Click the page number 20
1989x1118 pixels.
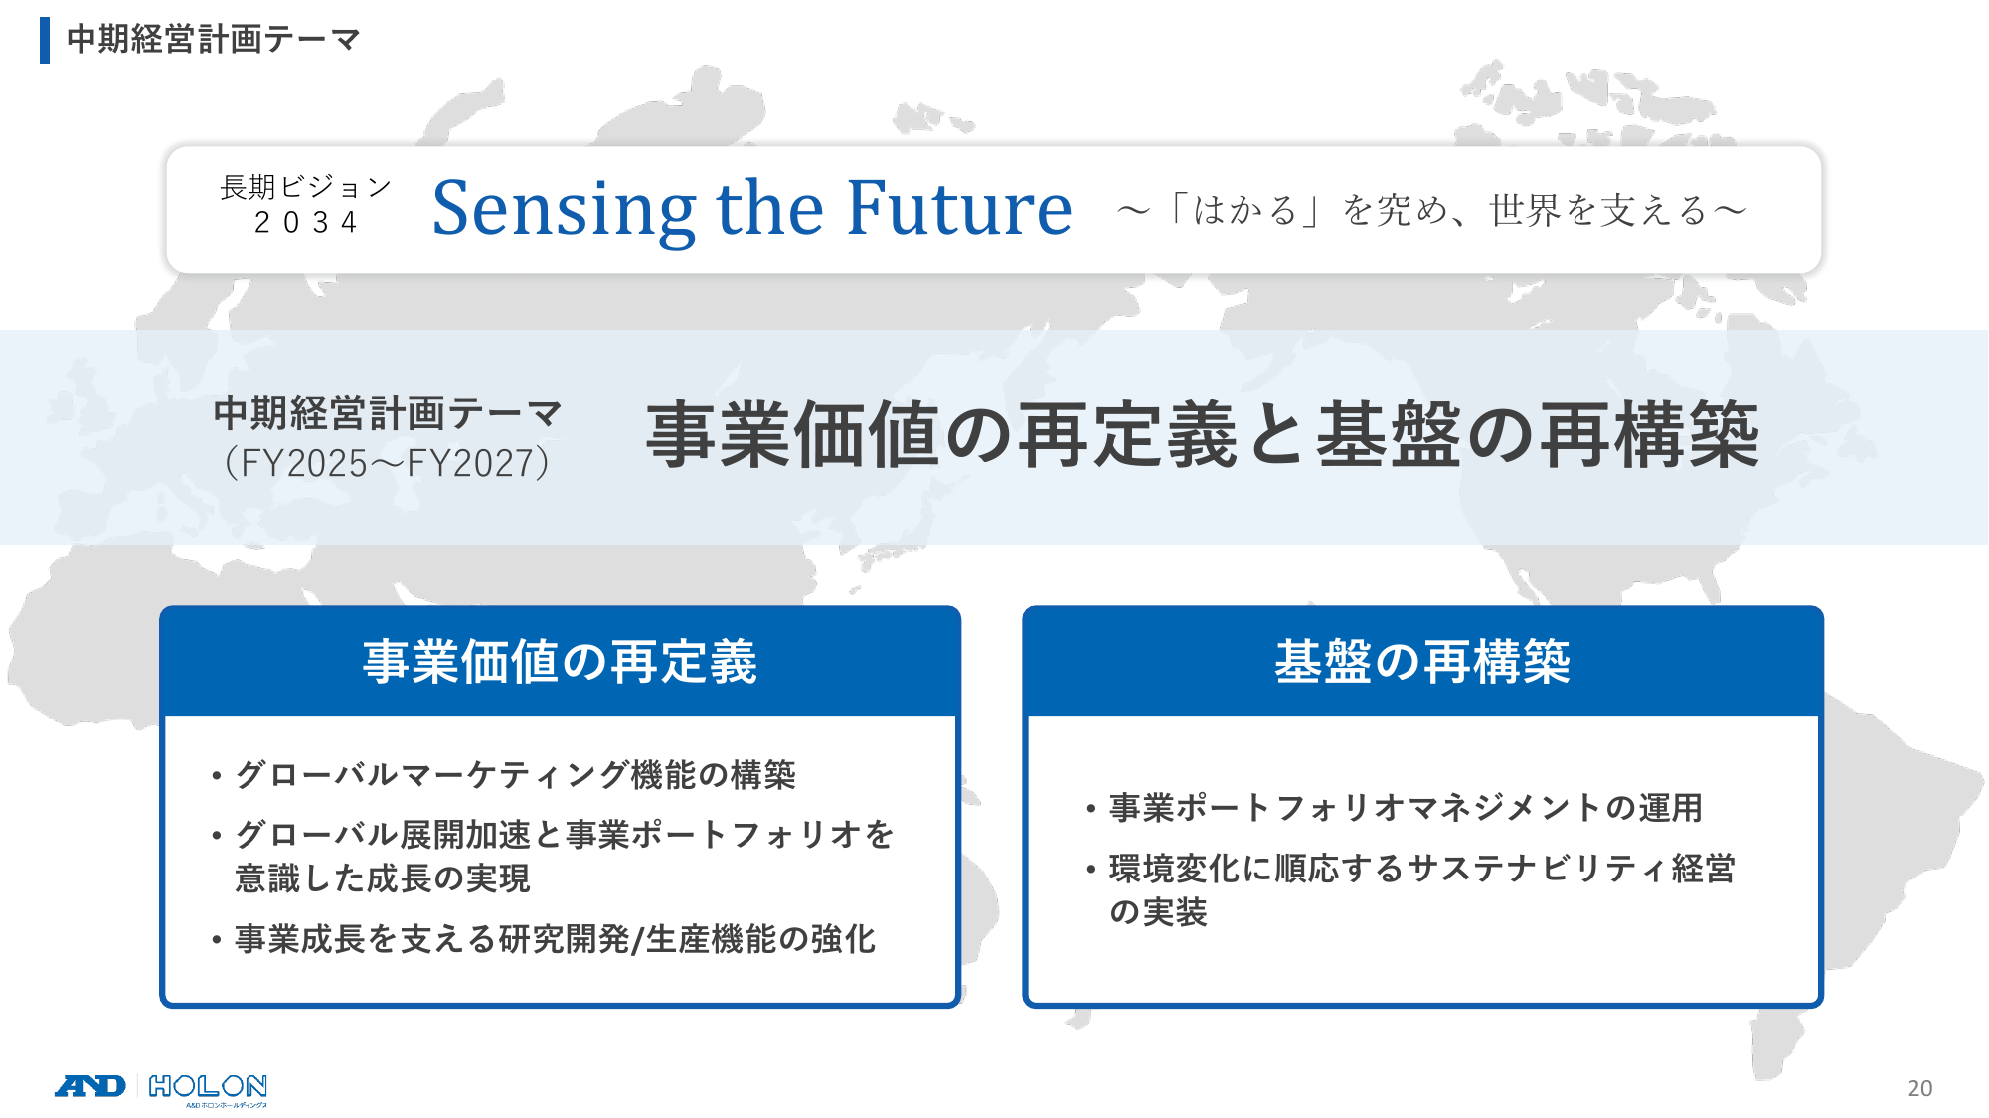1919,1088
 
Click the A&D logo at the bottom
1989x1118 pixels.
90,1086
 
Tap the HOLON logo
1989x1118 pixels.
208,1089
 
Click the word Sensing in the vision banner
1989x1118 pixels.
564,210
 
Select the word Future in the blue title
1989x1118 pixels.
959,208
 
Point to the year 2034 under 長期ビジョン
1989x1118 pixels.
305,222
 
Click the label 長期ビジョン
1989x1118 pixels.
305,187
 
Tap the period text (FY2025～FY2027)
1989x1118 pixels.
387,463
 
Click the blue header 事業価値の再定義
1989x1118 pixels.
560,662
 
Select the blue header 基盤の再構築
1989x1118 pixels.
1422,662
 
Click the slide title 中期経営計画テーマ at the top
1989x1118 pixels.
213,39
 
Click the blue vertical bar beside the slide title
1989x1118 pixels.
45,40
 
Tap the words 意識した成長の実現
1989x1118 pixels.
383,878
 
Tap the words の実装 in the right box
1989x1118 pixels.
1158,912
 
